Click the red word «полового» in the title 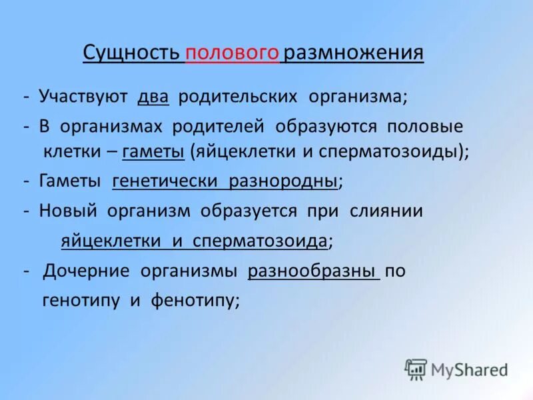(233, 53)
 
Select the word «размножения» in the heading (353, 53)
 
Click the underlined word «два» (153, 97)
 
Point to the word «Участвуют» (83, 97)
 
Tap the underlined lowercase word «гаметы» (154, 151)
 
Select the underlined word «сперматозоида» (261, 241)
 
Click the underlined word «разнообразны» (313, 271)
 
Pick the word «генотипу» (81, 300)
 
